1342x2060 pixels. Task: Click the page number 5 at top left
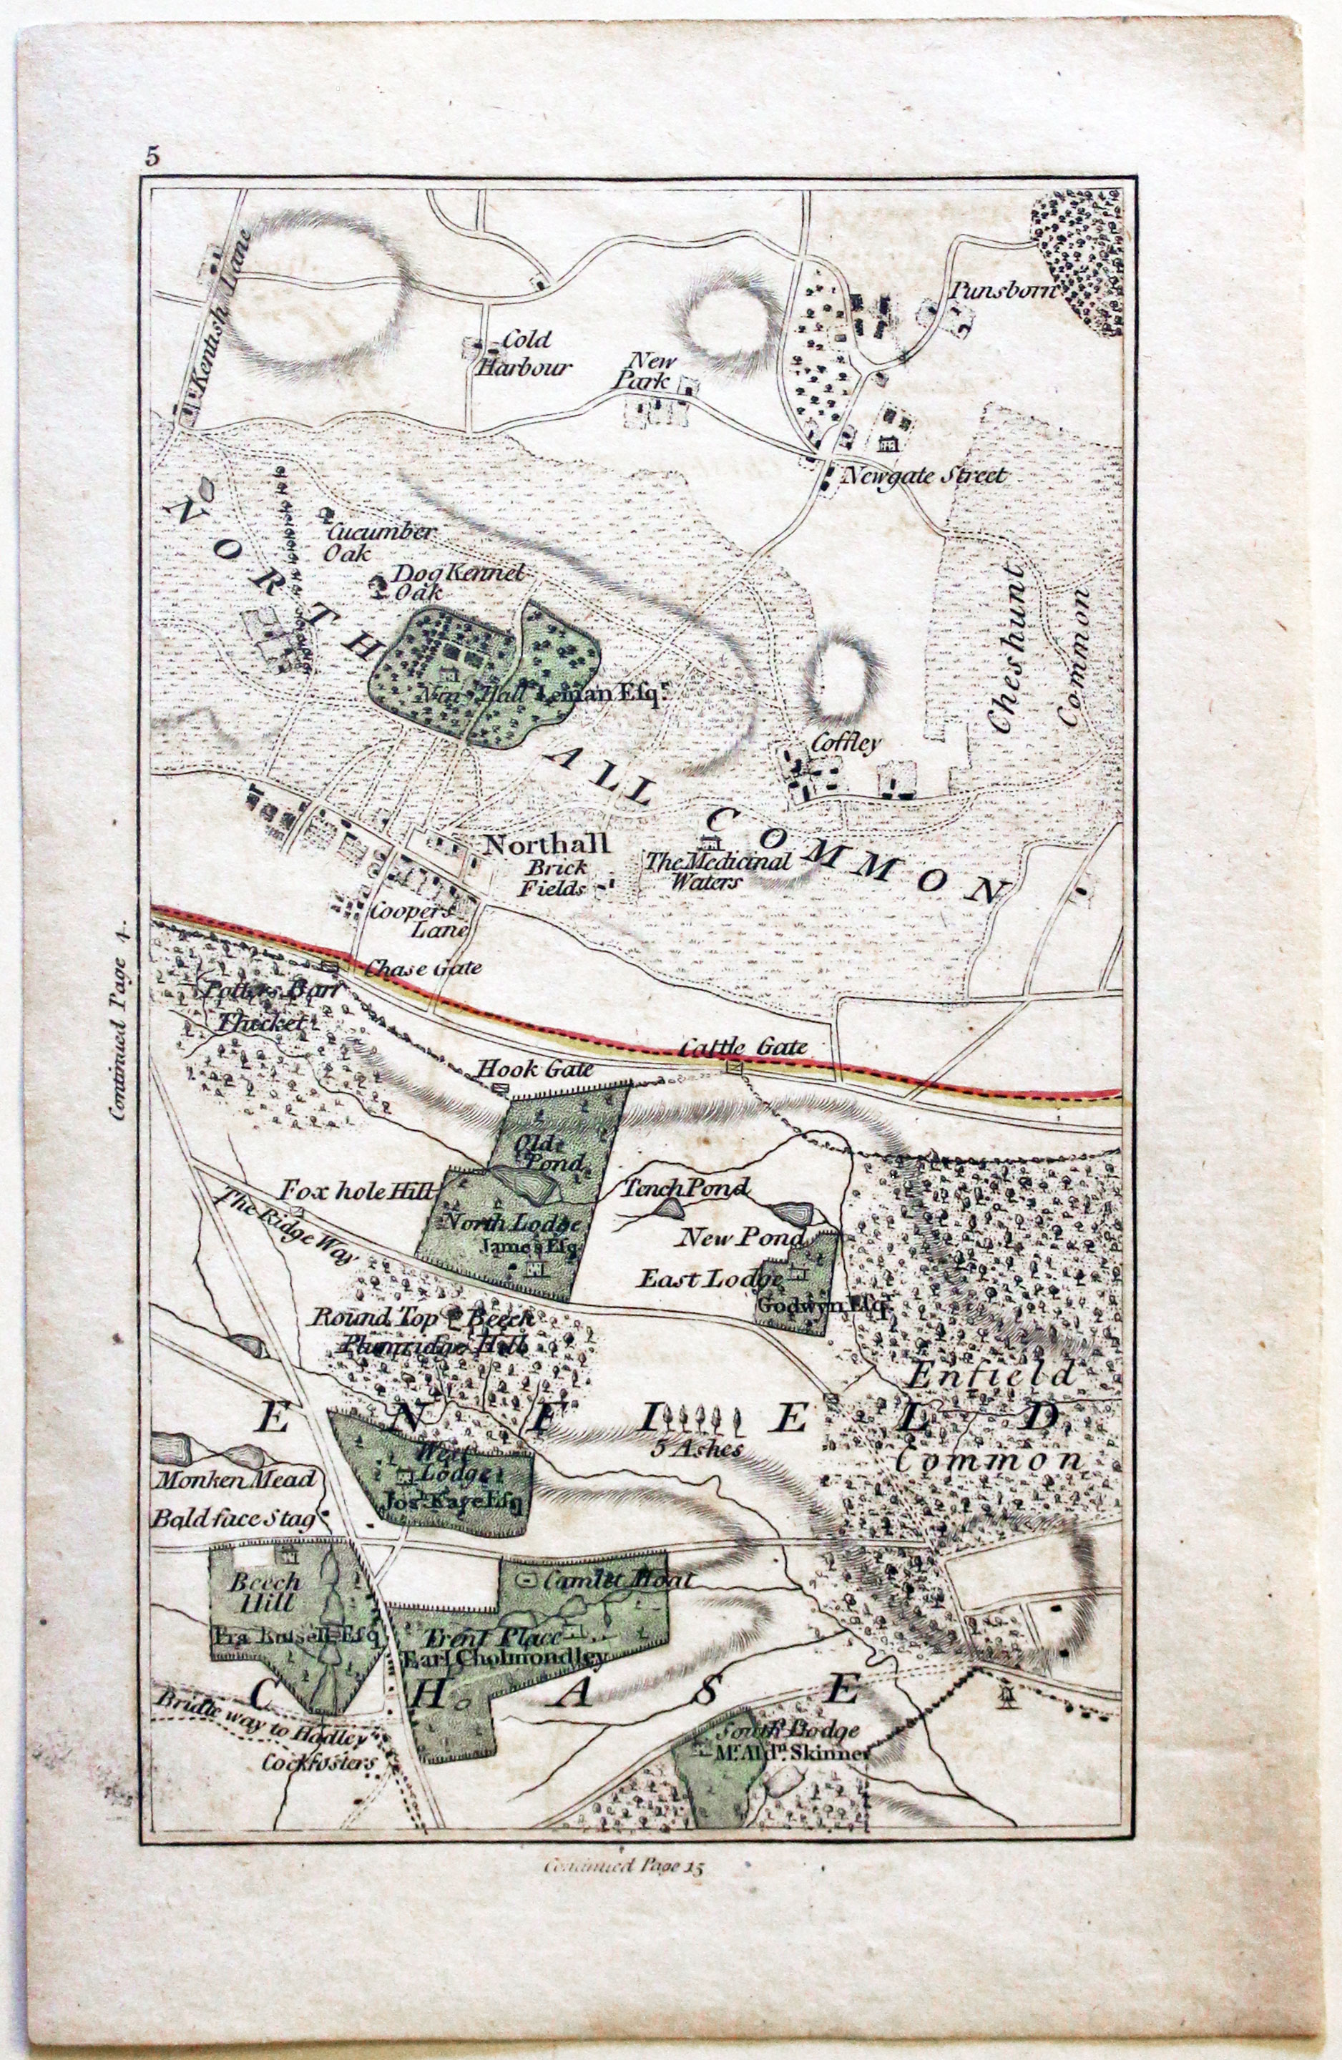153,157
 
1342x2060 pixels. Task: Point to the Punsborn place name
1003,289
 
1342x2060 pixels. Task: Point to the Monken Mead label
235,1478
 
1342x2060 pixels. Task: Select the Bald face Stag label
234,1517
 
